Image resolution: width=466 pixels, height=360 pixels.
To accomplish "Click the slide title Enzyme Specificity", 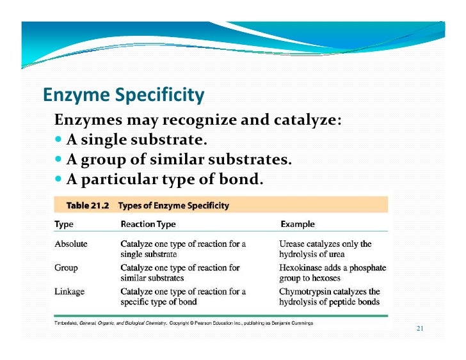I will (x=124, y=96).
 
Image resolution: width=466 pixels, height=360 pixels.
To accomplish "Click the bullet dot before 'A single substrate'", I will (x=59, y=139).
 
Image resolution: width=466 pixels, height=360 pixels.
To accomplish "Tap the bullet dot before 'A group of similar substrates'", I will (x=59, y=159).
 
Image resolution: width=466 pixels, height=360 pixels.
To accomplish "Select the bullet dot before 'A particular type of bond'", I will (x=59, y=179).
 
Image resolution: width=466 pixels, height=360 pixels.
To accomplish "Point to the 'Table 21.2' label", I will (x=88, y=206).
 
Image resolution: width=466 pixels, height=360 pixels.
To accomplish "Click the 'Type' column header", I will (x=64, y=224).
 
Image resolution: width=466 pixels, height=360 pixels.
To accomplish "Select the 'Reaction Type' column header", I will (x=148, y=224).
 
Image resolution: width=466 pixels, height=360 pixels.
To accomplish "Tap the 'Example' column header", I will (x=298, y=224).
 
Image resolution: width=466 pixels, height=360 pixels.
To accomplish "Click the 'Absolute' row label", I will (x=70, y=244).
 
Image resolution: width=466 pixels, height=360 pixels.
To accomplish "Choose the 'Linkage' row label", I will (x=69, y=292).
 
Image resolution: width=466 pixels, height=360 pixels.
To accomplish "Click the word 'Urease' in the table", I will (x=294, y=244).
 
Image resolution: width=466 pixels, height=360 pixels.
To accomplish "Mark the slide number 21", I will (x=420, y=329).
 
